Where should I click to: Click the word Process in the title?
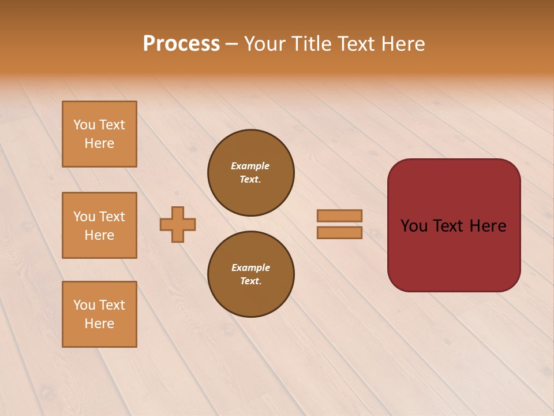pos(181,44)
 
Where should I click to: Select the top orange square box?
pos(99,134)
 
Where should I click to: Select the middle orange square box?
pos(99,225)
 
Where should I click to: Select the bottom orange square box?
pos(99,314)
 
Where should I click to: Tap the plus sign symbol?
pos(178,224)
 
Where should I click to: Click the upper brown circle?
pos(250,173)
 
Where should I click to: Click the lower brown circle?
pos(250,274)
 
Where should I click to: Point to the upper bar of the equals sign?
pos(339,216)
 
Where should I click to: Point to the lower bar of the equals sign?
pos(339,233)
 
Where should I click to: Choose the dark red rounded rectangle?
pos(454,254)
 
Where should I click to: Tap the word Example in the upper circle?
pos(250,166)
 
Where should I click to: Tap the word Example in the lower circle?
pos(250,268)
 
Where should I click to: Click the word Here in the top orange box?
pos(99,143)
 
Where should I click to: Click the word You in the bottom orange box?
pos(84,305)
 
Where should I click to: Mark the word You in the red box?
pos(414,226)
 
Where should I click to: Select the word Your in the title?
pos(265,44)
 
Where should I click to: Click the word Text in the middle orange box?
pos(112,217)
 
